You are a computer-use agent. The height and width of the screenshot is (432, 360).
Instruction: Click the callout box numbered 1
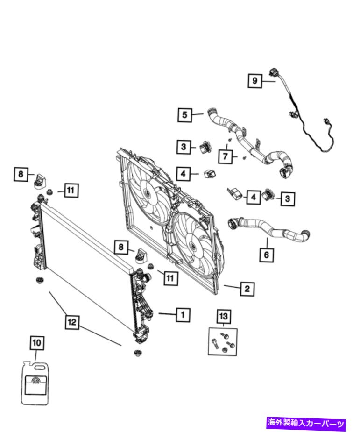(183, 315)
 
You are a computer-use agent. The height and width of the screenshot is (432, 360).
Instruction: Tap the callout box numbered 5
(185, 114)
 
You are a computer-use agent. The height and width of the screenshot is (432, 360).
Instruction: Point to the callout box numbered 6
(267, 255)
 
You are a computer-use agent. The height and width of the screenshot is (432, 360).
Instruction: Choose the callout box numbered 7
(226, 156)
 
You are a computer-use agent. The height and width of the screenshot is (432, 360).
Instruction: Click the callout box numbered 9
(255, 81)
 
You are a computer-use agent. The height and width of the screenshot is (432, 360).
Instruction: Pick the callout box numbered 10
(37, 343)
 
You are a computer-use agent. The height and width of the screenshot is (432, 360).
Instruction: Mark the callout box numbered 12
(71, 322)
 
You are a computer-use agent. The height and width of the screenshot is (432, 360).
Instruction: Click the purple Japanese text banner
(306, 424)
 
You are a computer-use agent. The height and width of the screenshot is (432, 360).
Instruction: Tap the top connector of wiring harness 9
(273, 72)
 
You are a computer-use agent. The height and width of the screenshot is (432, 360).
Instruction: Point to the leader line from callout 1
(167, 314)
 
